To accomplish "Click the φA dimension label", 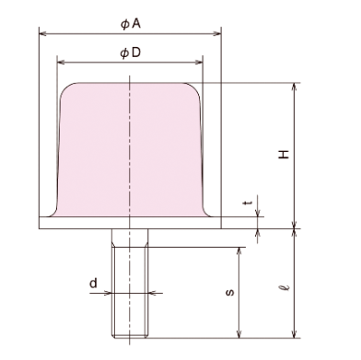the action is pyautogui.click(x=131, y=24).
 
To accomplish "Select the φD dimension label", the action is pyautogui.click(x=131, y=52).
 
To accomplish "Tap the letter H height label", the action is pyautogui.click(x=284, y=155).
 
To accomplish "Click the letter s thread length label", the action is pyautogui.click(x=230, y=292).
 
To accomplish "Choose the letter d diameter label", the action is pyautogui.click(x=93, y=283).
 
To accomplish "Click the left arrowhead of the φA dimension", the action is pyautogui.click(x=43, y=33).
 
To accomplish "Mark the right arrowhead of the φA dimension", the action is pyautogui.click(x=217, y=33).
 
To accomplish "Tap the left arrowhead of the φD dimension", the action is pyautogui.click(x=61, y=63).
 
